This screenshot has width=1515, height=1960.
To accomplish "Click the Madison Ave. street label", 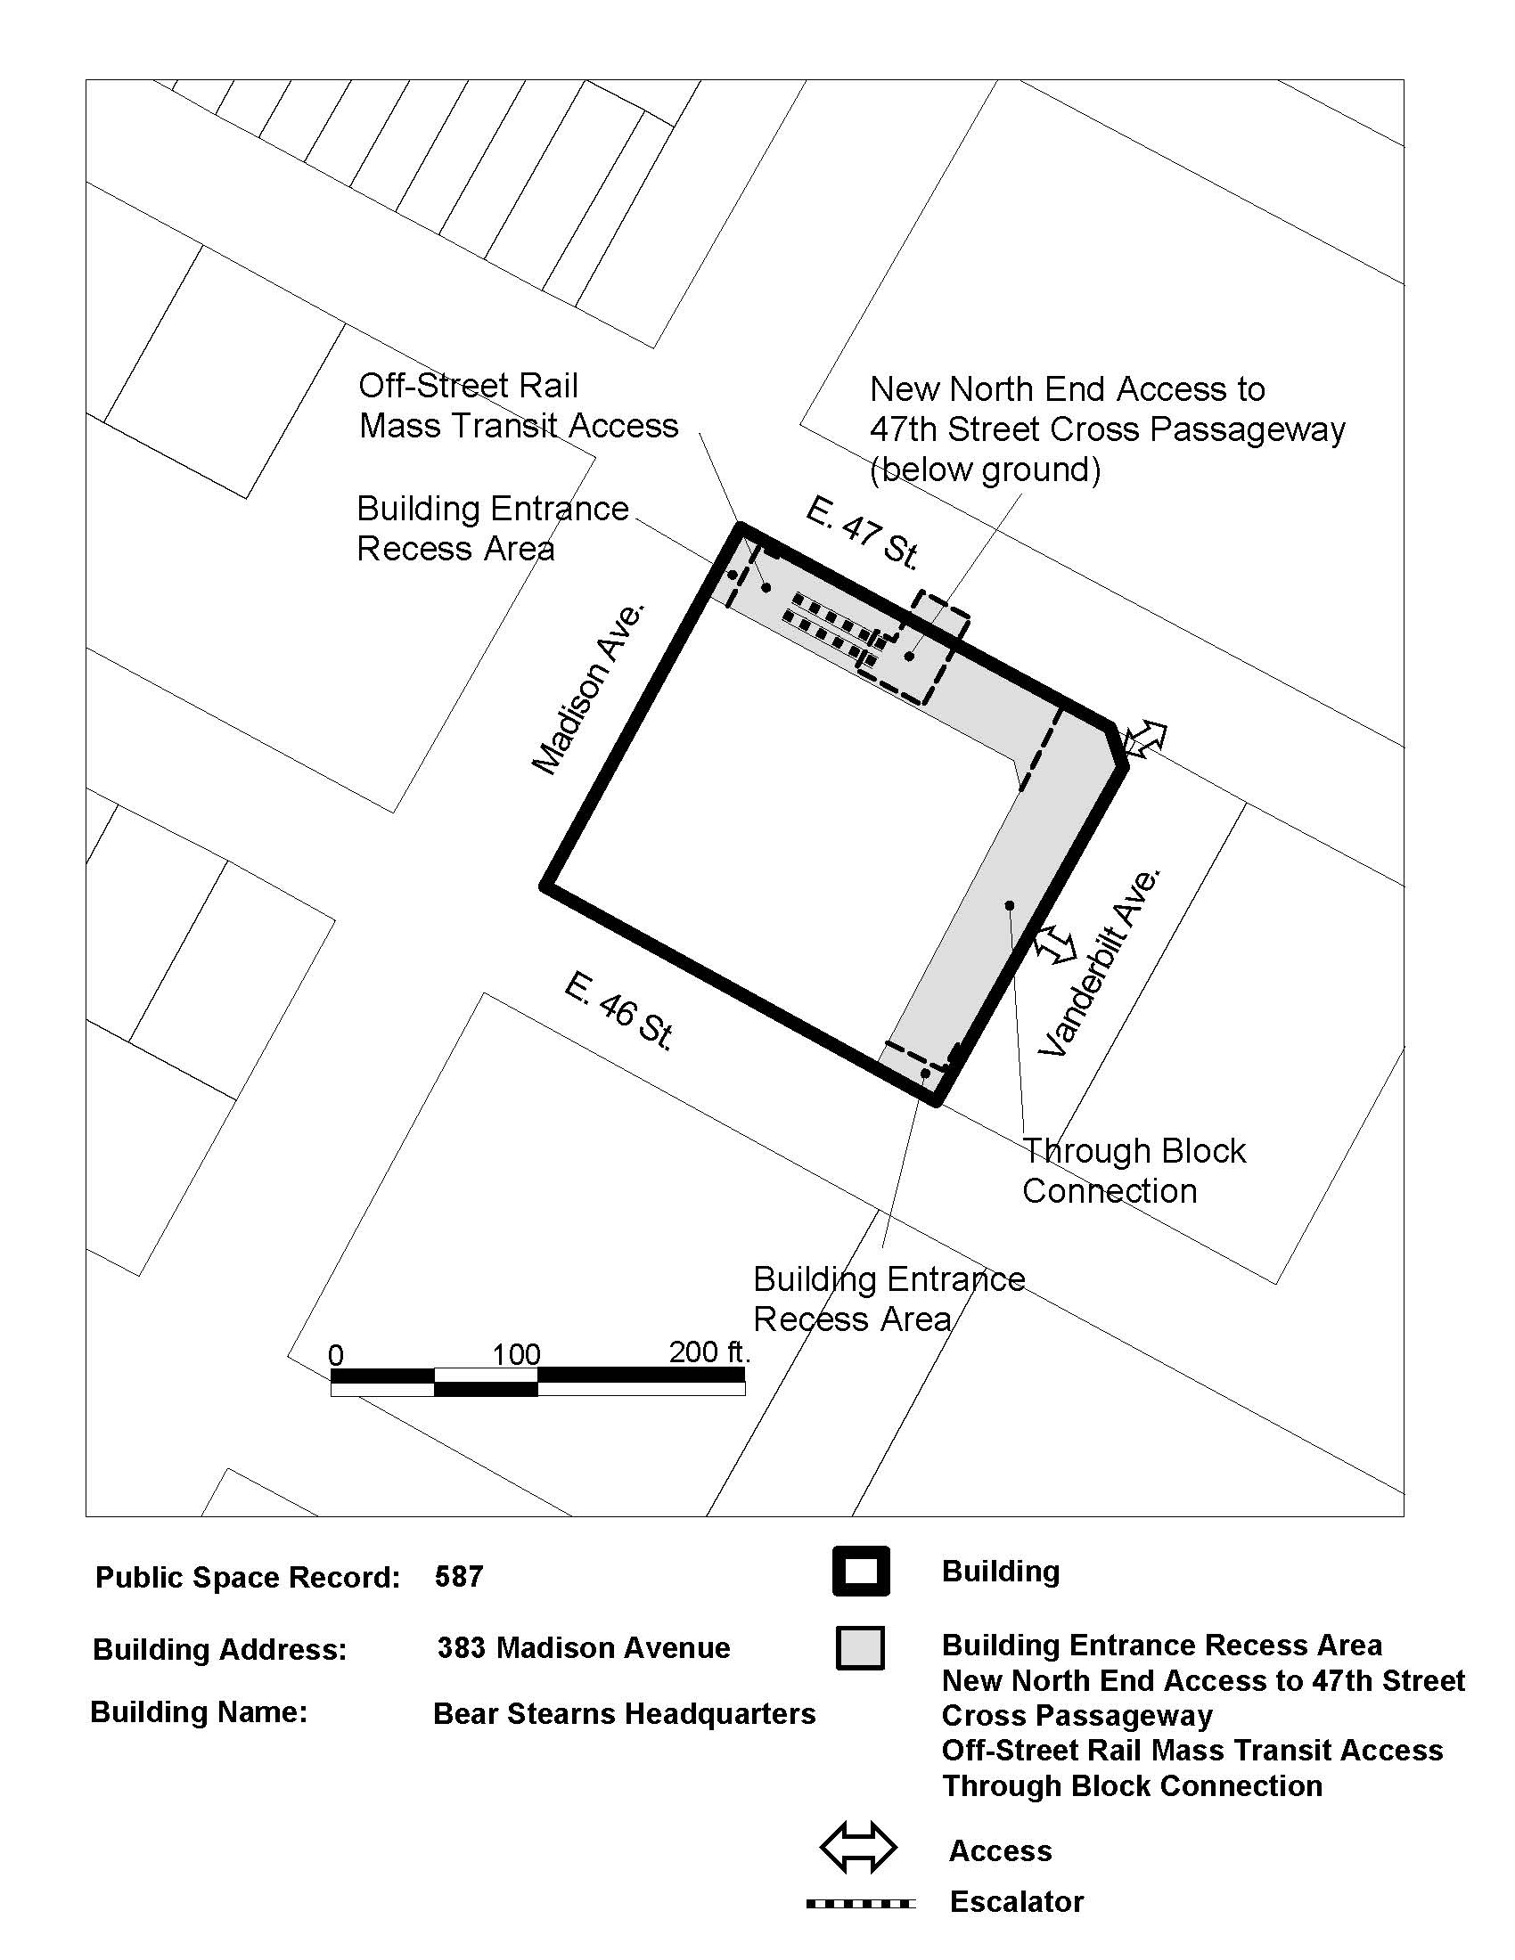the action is coord(589,689).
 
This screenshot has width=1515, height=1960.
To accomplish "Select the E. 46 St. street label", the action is coord(619,1011).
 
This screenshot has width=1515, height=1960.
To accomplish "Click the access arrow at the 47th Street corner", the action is coord(1144,739).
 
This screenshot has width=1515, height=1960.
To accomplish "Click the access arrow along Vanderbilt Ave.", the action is coord(1054,945).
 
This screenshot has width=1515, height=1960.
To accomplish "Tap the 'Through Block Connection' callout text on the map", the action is coord(1134,1171).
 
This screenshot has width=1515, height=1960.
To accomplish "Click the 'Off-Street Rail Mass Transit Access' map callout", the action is coord(518,405).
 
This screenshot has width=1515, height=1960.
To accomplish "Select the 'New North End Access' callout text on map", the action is coord(1108,429).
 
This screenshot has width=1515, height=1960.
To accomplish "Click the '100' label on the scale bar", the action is coord(516,1354).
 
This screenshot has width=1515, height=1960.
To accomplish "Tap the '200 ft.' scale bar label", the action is coord(709,1352).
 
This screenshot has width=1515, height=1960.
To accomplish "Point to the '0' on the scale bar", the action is coord(337,1355).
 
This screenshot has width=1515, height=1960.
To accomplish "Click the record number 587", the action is coord(459,1576).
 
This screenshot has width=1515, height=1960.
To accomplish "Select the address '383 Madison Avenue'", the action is coord(584,1647).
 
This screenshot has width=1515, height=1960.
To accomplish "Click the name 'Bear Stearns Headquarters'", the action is coord(625,1713).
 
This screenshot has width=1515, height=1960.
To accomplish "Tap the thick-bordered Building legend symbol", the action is coord(861,1572).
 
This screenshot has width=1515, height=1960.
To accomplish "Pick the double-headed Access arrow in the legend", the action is coord(858,1849).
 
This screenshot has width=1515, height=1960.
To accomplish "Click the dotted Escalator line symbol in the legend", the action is coord(861,1903).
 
